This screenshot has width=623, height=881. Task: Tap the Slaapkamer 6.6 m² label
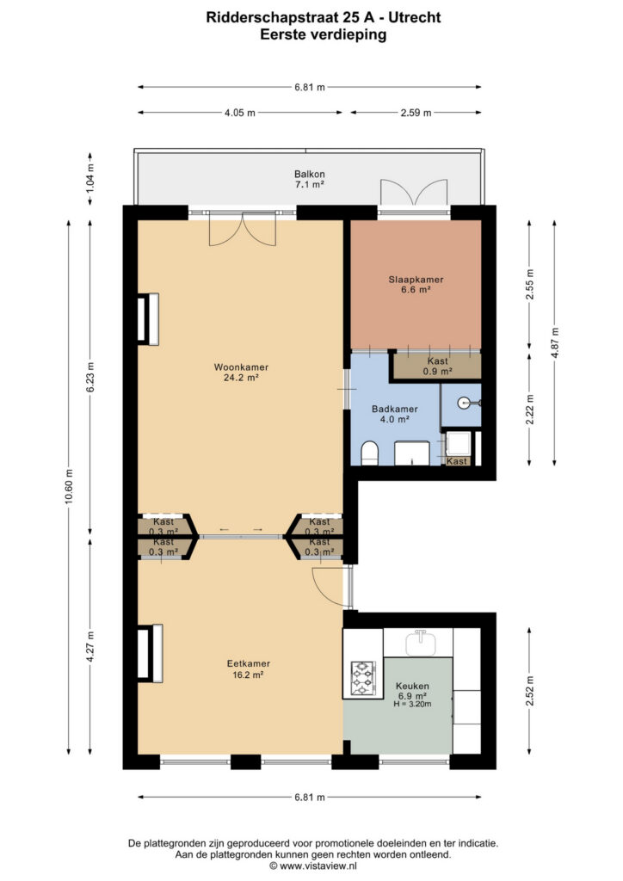tap(416, 284)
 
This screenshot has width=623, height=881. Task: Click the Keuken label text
tap(412, 686)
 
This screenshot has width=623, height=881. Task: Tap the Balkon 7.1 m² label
tap(310, 179)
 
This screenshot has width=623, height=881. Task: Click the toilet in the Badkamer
tap(369, 453)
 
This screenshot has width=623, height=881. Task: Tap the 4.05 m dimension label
tap(240, 113)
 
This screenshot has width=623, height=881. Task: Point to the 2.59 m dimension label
tap(416, 113)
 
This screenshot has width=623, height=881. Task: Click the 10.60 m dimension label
tap(69, 486)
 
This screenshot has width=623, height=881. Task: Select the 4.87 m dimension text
tap(555, 342)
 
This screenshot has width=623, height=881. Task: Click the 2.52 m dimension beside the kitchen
tap(530, 691)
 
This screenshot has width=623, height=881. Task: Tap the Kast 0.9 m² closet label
tap(438, 367)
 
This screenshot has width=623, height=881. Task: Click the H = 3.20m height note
tap(412, 704)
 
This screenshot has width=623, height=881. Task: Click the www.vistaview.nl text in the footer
tap(318, 866)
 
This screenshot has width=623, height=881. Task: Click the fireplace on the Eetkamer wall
tap(150, 653)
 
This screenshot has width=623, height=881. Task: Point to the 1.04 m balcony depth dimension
tap(90, 177)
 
